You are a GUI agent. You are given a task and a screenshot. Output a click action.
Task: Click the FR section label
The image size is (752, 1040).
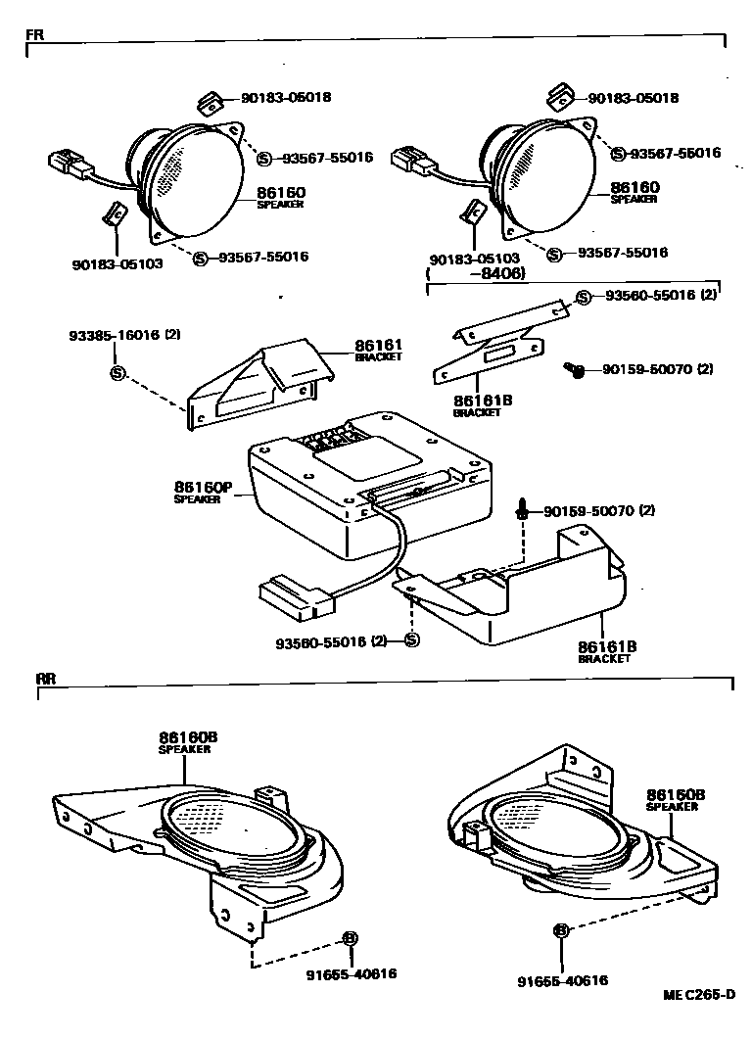pyautogui.click(x=34, y=34)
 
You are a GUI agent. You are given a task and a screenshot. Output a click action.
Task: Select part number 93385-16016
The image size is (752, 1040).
pyautogui.click(x=111, y=335)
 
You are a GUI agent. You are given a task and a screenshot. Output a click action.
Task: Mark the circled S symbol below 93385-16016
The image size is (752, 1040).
pyautogui.click(x=117, y=373)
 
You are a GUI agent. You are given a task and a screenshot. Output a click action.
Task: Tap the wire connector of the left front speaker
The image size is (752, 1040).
pyautogui.click(x=70, y=164)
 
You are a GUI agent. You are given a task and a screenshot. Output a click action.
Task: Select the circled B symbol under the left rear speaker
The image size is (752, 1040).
pyautogui.click(x=350, y=937)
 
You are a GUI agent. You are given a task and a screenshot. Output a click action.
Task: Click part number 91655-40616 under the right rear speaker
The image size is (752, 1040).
pyautogui.click(x=562, y=980)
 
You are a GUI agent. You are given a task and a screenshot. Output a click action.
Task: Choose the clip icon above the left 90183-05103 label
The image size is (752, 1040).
pyautogui.click(x=115, y=213)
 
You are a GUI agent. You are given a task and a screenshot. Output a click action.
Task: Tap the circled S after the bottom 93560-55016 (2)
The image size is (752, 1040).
pyautogui.click(x=411, y=640)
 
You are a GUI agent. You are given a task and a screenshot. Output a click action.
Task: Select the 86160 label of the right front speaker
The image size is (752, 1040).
pyautogui.click(x=634, y=187)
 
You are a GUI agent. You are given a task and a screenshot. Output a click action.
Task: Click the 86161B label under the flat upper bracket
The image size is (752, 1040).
pyautogui.click(x=479, y=402)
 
